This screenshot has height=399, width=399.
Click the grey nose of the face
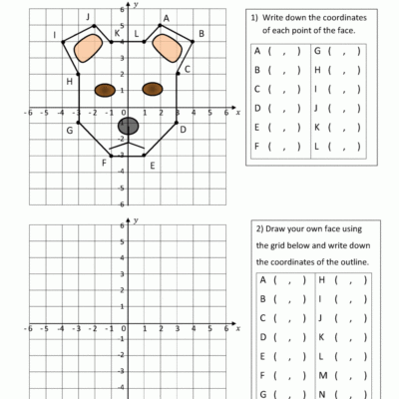coord(128,126)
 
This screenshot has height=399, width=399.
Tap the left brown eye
coord(105,90)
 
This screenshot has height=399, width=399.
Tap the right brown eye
coord(152,89)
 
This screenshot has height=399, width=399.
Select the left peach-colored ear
coord(91,48)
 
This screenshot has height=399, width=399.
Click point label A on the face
coord(165,18)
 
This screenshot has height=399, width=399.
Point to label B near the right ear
coord(201,34)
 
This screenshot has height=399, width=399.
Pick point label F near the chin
coord(104,163)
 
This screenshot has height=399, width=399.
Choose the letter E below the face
coord(152,166)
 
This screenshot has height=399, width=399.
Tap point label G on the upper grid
coord(70,131)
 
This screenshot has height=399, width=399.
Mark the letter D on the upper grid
coord(183,129)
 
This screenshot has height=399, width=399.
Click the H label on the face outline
coord(69,81)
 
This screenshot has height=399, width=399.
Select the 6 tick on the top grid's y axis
coord(122,10)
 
